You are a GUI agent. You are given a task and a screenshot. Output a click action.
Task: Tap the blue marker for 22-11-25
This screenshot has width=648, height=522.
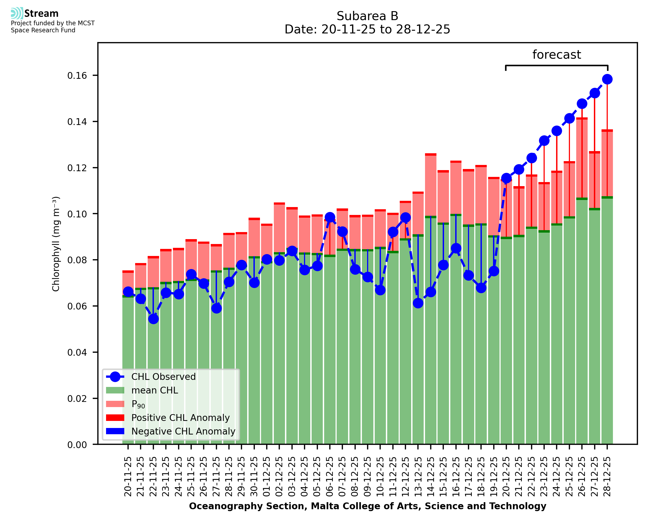point(153,319)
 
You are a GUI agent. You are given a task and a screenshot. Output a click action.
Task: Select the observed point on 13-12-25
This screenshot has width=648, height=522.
point(418,303)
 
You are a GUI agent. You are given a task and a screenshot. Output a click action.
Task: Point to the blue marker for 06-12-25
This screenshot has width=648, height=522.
point(330,217)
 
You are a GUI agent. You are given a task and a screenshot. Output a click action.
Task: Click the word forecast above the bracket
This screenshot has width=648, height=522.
point(556,55)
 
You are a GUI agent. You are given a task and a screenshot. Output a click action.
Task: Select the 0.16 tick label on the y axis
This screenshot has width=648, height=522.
point(77,76)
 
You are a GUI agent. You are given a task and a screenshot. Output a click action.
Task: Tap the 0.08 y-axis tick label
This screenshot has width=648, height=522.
point(77,260)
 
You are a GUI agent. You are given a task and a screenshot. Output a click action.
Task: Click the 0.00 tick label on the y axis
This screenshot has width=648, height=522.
point(77,445)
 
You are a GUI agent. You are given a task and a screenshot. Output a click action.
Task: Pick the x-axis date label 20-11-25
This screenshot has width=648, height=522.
point(128,477)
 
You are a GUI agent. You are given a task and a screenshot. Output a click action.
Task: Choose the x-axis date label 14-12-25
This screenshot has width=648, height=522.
point(430,477)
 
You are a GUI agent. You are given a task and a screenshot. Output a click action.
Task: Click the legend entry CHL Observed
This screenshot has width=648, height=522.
point(163,377)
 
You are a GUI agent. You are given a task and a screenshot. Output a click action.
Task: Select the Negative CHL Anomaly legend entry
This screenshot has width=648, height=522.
point(183,431)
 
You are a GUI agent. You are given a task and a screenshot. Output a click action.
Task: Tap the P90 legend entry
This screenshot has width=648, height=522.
point(138,404)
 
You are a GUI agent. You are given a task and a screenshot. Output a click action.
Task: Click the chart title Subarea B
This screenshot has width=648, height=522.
point(367,16)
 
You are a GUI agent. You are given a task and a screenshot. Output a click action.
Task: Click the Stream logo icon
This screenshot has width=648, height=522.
point(17,13)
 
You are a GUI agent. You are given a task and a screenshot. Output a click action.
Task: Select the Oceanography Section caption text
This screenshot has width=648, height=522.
point(367,506)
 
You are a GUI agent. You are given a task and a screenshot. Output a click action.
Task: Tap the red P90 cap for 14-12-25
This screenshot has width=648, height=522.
point(430,155)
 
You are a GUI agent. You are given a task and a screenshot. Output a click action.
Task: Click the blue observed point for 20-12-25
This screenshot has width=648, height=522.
point(506,178)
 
